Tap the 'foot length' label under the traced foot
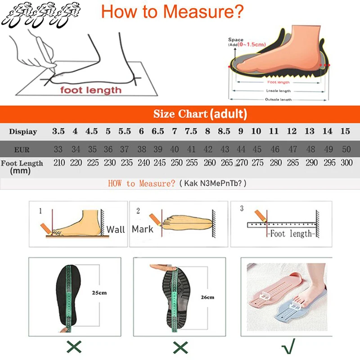pyautogui.click(x=91, y=90)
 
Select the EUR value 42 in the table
pyautogui.click(x=207, y=149)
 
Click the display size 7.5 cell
pyautogui.click(x=191, y=131)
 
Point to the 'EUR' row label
pyautogui.click(x=22, y=149)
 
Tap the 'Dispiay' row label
pyautogui.click(x=23, y=132)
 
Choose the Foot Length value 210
pyautogui.click(x=59, y=162)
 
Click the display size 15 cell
pyautogui.click(x=345, y=131)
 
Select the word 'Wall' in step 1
pyautogui.click(x=116, y=229)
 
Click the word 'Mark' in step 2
pyautogui.click(x=143, y=229)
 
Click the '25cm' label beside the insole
pyautogui.click(x=99, y=293)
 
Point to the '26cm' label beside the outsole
pyautogui.click(x=207, y=297)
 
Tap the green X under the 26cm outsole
pyautogui.click(x=180, y=346)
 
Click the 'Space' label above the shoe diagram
pyautogui.click(x=235, y=40)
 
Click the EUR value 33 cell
pyautogui.click(x=58, y=149)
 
